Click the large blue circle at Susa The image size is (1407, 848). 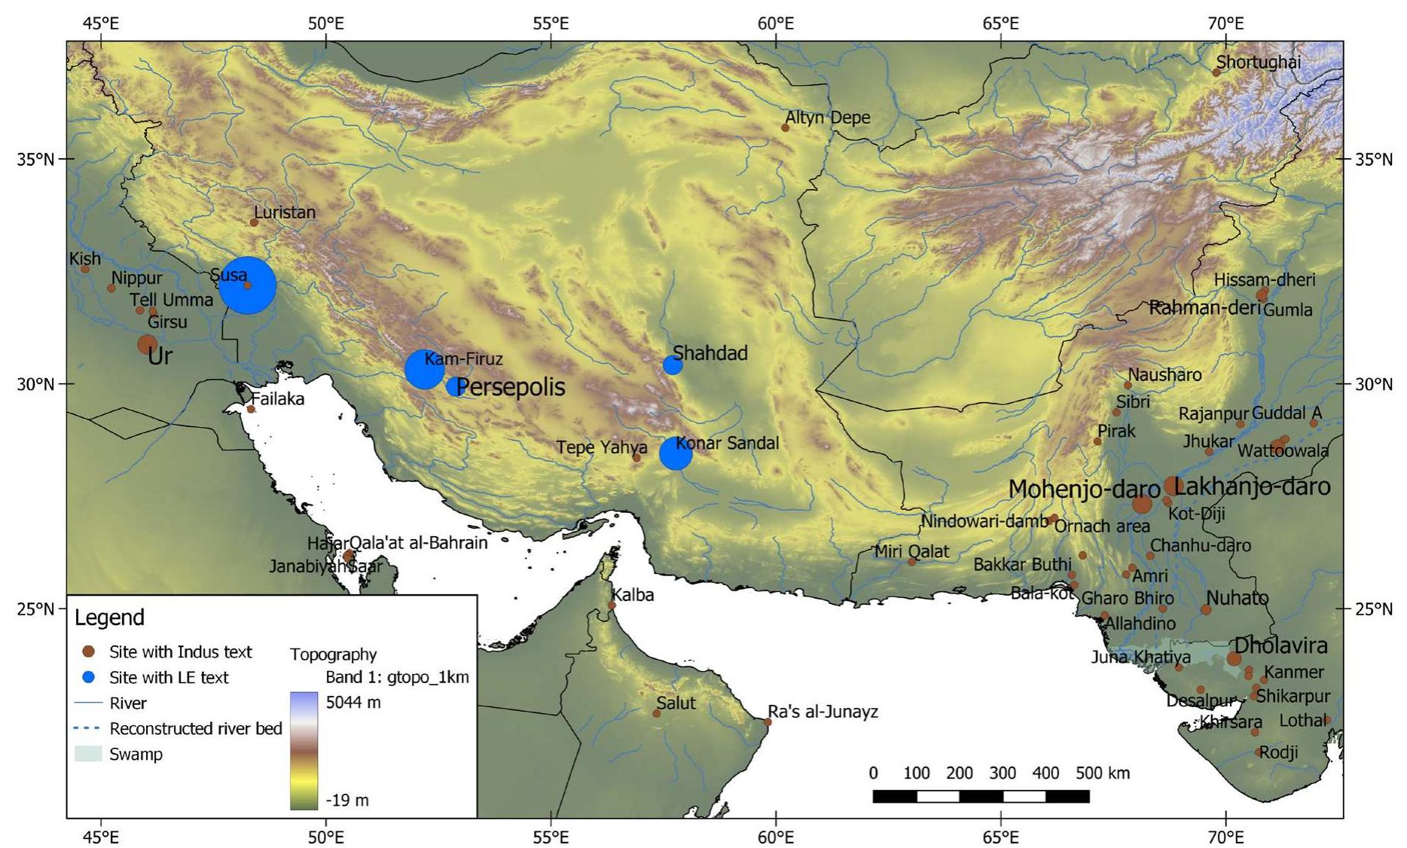(x=248, y=285)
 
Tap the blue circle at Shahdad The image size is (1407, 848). (x=673, y=365)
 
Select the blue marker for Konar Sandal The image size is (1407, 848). (x=676, y=454)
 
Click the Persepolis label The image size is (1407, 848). (x=511, y=387)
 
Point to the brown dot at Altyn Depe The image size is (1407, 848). (x=785, y=128)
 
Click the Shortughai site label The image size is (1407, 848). (x=1259, y=62)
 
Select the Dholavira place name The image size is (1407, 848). (x=1280, y=645)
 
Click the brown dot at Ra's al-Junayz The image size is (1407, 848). (x=768, y=722)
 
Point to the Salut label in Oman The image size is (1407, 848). (x=676, y=703)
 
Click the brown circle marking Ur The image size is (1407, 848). (x=147, y=345)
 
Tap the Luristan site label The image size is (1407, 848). (x=285, y=212)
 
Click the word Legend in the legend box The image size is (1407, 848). (x=109, y=618)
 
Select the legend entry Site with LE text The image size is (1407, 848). (x=169, y=677)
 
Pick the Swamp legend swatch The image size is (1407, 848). (x=88, y=754)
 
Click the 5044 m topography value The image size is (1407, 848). (x=353, y=703)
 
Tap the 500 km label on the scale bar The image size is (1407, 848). (x=1103, y=773)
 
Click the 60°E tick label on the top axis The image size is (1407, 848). (x=776, y=23)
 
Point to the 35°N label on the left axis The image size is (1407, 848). (x=35, y=160)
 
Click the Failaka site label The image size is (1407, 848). (x=277, y=399)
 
